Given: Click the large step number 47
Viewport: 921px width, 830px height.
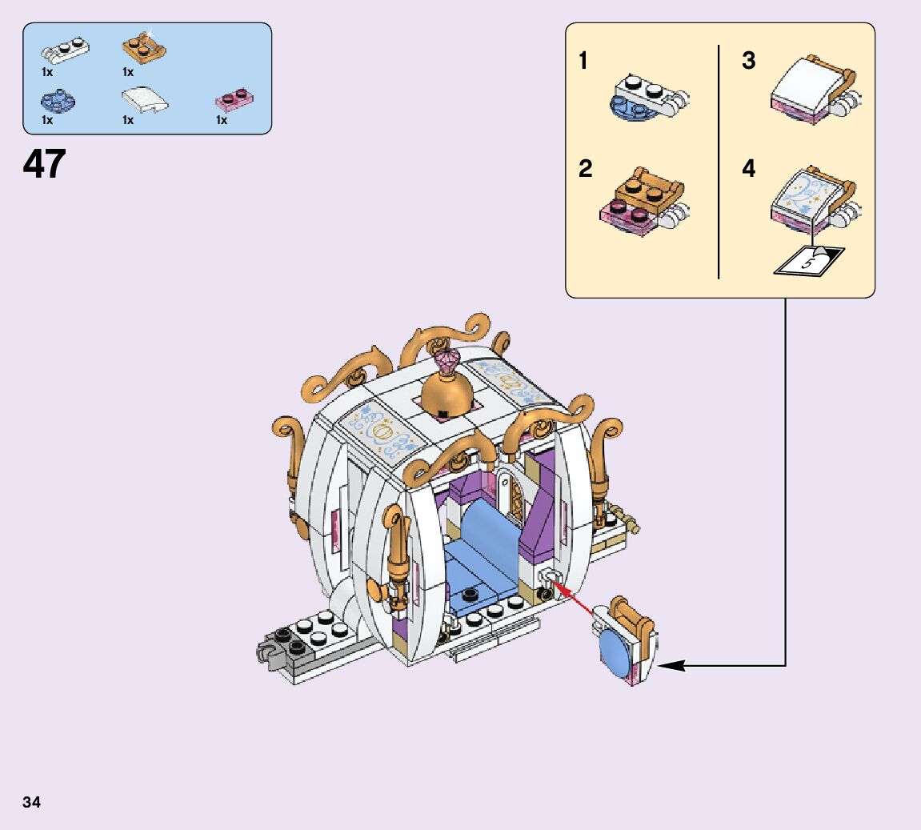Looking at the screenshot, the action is coord(44,164).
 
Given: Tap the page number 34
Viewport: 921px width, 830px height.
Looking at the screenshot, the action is coord(32,802).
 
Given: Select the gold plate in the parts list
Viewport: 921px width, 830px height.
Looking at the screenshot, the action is coord(144,48).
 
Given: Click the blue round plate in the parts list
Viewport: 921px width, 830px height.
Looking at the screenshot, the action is coord(58,100).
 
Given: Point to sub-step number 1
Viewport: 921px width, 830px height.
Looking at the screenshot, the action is coord(584,61).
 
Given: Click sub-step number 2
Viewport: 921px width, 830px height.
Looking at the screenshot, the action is coord(586,169).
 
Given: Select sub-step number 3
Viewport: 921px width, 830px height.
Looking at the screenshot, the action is coord(748,61).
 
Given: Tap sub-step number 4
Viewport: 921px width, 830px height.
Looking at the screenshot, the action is coord(748,169).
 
